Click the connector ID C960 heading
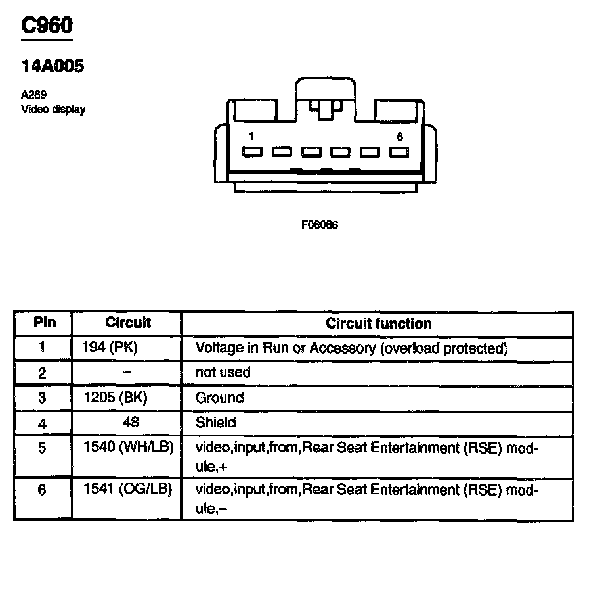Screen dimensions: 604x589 [47, 26]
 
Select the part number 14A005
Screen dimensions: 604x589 [53, 66]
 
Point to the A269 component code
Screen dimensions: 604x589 [33, 95]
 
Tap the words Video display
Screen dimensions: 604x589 [53, 110]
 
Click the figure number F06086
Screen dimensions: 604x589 [320, 224]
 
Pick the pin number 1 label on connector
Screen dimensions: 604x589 [252, 136]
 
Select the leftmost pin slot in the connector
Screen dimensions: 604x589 [252, 152]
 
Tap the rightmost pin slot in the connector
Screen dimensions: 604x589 [399, 152]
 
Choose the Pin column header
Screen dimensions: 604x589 [45, 323]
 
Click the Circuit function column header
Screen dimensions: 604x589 [379, 323]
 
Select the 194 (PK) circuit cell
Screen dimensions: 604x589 [111, 347]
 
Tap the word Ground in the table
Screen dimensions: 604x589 [219, 398]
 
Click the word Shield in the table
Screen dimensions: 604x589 [215, 422]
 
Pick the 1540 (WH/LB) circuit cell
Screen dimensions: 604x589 [128, 447]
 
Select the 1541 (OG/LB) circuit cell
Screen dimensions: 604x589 [128, 490]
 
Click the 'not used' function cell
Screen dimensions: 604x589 [223, 372]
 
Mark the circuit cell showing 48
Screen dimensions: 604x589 [131, 422]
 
